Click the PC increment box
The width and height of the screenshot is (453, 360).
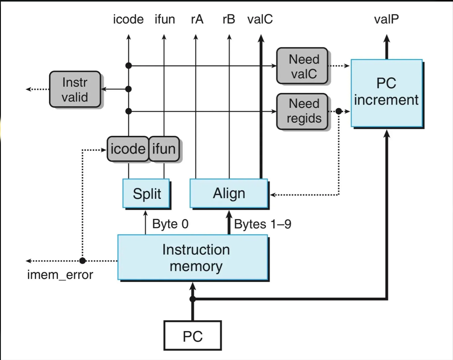(386, 93)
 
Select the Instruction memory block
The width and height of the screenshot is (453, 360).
(193, 257)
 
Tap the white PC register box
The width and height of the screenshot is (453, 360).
(193, 336)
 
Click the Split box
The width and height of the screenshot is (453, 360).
(146, 194)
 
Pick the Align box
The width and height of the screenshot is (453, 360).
(229, 194)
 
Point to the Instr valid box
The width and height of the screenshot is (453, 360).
(75, 89)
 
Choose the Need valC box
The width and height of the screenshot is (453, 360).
(302, 66)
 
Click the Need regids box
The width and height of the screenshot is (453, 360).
(302, 111)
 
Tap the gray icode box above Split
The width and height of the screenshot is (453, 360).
(128, 149)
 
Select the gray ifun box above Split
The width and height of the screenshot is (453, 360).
(164, 149)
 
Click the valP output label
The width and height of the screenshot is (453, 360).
(386, 19)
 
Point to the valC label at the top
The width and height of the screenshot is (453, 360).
(260, 19)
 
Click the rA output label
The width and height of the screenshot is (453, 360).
(197, 19)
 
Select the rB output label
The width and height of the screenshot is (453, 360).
(229, 19)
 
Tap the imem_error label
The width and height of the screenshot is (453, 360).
(60, 275)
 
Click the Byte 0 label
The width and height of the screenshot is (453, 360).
(170, 224)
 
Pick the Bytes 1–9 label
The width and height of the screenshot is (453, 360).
(263, 224)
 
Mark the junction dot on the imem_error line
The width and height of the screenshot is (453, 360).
(83, 261)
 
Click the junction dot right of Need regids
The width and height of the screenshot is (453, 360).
(339, 111)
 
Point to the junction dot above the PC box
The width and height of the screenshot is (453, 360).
(193, 299)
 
